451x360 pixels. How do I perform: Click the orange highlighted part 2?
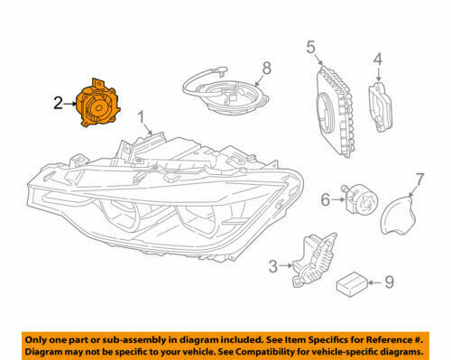[98, 106]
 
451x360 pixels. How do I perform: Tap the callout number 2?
[57, 105]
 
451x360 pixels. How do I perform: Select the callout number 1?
[142, 117]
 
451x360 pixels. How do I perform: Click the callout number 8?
[266, 68]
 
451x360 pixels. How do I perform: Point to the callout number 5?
[310, 47]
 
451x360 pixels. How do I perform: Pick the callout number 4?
[379, 60]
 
